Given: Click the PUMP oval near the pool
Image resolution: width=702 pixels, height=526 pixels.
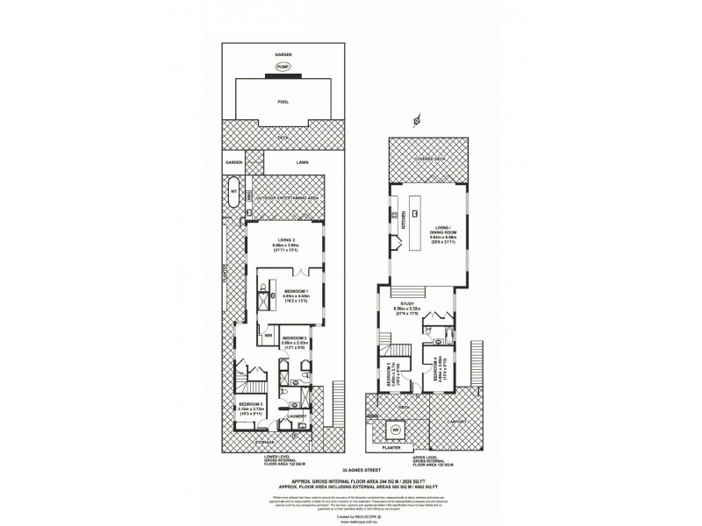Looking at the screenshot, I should [x=283, y=67].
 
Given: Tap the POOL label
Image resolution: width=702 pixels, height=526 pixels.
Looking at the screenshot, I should [x=283, y=101].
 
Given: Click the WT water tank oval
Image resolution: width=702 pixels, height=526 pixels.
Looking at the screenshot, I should [x=233, y=190].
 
